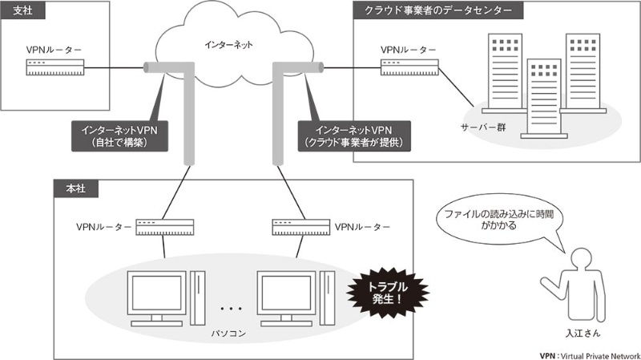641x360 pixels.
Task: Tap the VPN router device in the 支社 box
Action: click(x=54, y=68)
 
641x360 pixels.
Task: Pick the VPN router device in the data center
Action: click(x=409, y=67)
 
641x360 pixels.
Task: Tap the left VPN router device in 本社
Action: click(x=164, y=228)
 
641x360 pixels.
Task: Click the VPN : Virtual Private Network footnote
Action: click(x=590, y=354)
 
